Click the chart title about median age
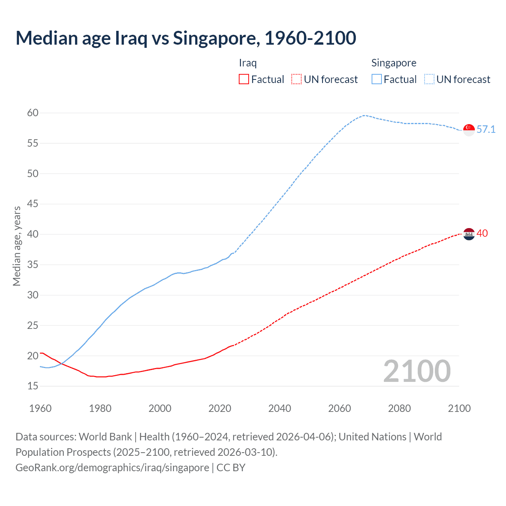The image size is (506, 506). pyautogui.click(x=186, y=38)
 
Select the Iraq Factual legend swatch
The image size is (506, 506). pyautogui.click(x=244, y=79)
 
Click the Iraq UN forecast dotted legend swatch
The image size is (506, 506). pyautogui.click(x=296, y=79)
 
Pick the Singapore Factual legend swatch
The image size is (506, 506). pyautogui.click(x=376, y=79)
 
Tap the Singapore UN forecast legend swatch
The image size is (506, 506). pyautogui.click(x=429, y=79)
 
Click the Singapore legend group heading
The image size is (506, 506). pyautogui.click(x=394, y=63)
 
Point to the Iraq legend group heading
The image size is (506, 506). pyautogui.click(x=248, y=63)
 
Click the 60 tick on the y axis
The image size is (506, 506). pyautogui.click(x=33, y=113)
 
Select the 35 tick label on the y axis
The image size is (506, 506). pyautogui.click(x=33, y=264)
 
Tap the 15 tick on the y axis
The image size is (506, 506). pyautogui.click(x=33, y=386)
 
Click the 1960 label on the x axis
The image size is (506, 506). pyautogui.click(x=40, y=408)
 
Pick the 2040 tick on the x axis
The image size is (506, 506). pyautogui.click(x=279, y=408)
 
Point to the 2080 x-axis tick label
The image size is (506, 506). pyautogui.click(x=399, y=408)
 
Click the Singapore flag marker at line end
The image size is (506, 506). pyautogui.click(x=469, y=130)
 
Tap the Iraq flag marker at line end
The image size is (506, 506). pyautogui.click(x=469, y=234)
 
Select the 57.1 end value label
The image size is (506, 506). pyautogui.click(x=486, y=129)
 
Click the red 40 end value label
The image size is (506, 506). pyautogui.click(x=482, y=233)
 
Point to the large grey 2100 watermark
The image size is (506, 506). pyautogui.click(x=417, y=371)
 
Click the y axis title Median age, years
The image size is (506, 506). pyautogui.click(x=17, y=246)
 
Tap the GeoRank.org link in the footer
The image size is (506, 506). pyautogui.click(x=112, y=467)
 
